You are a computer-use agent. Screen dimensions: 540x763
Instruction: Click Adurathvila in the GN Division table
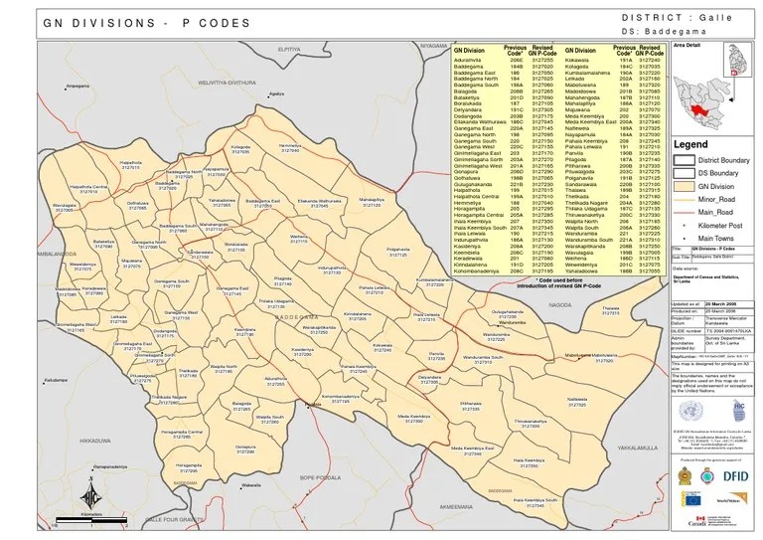[468, 60]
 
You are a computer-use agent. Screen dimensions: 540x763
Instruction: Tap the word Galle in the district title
[720, 19]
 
